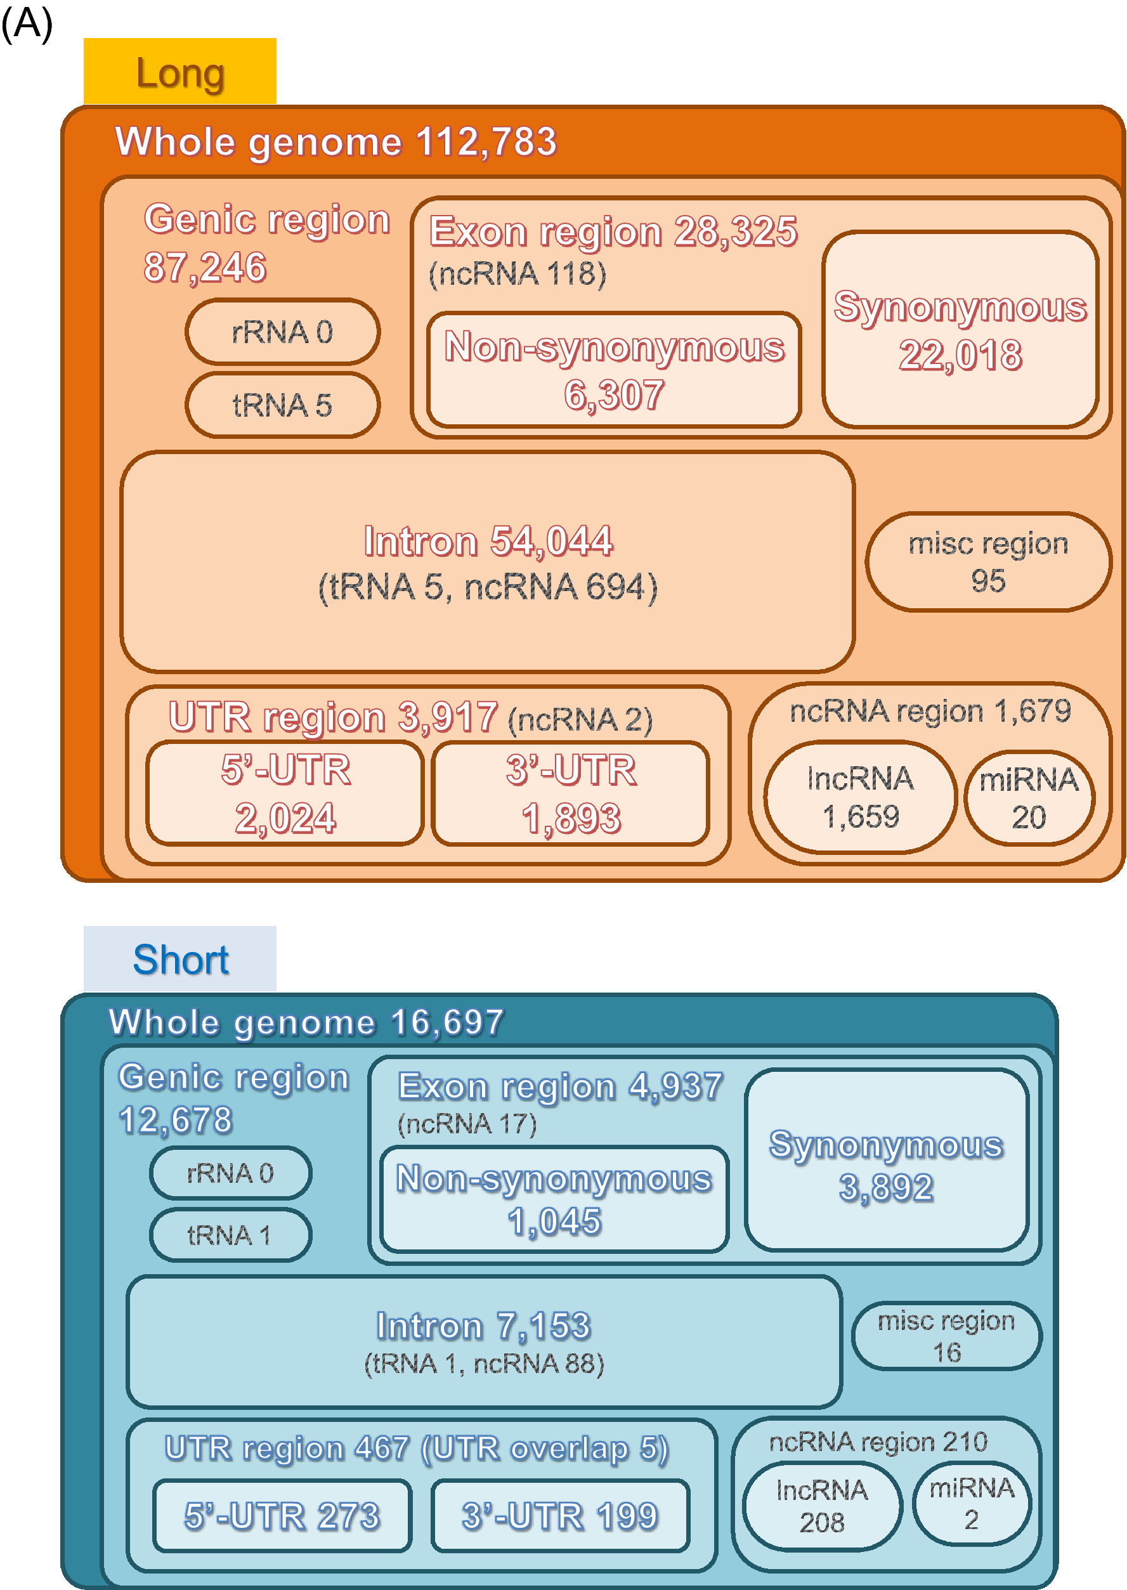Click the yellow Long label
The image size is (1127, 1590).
coord(179,72)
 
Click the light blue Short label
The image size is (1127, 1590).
coord(179,959)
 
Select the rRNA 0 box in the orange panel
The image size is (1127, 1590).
coord(282,332)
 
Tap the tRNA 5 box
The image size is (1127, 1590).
coord(282,405)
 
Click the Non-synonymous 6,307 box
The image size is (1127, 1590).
coord(614,369)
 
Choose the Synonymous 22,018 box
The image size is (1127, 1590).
coord(960,330)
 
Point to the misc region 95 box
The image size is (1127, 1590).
coord(988,562)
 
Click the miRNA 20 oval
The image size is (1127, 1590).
coord(1029,798)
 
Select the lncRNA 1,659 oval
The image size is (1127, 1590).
coord(861,797)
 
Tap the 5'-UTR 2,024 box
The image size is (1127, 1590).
coord(285,793)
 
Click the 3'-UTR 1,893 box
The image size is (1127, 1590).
coord(570,793)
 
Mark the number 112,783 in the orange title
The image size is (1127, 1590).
coord(486,141)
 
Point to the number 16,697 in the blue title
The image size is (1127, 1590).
coord(447,1022)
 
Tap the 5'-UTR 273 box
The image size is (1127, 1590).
coord(282,1516)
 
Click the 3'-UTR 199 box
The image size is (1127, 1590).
coord(560,1516)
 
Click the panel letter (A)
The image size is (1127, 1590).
coord(27,23)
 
